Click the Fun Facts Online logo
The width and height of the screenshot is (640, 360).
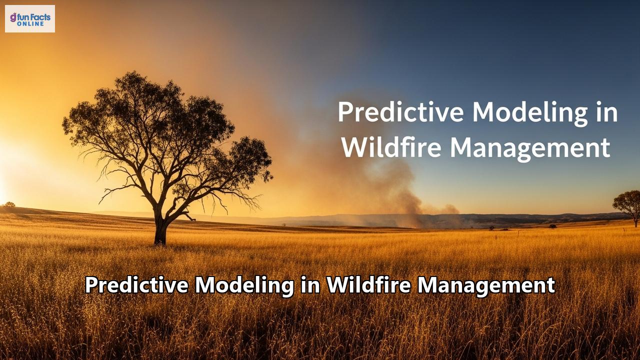(30, 19)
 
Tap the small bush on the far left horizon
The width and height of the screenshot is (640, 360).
(8, 204)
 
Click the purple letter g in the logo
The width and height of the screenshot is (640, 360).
(13, 17)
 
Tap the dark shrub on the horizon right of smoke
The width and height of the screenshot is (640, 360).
(552, 226)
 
